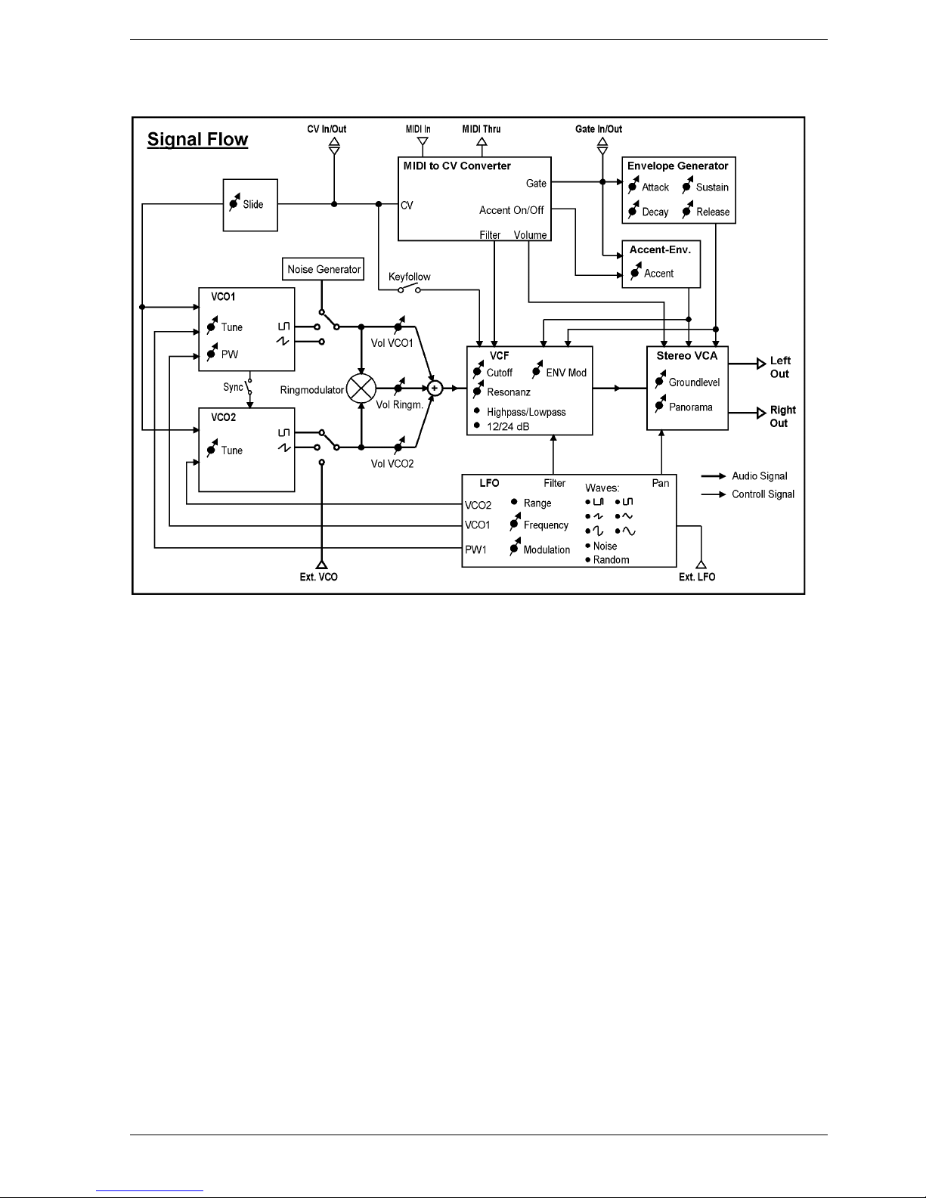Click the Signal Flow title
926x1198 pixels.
pyautogui.click(x=197, y=140)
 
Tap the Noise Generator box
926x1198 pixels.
pyautogui.click(x=323, y=269)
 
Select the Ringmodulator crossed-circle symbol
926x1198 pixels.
pyautogui.click(x=361, y=388)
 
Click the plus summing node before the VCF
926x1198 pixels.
pyautogui.click(x=435, y=388)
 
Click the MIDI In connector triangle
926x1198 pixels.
pyautogui.click(x=423, y=141)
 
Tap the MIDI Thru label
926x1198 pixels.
pyautogui.click(x=482, y=129)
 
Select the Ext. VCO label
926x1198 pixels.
pyautogui.click(x=318, y=577)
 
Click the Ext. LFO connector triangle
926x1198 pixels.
pyautogui.click(x=701, y=564)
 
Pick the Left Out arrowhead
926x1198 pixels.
pyautogui.click(x=761, y=364)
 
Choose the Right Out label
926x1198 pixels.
pyautogui.click(x=782, y=416)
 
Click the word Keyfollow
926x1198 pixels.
pyautogui.click(x=409, y=277)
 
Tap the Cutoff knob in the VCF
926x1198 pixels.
pyautogui.click(x=478, y=370)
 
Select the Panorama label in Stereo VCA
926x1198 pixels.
pyautogui.click(x=691, y=407)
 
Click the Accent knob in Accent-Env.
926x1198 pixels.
pyautogui.click(x=636, y=271)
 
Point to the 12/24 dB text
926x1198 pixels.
pyautogui.click(x=508, y=426)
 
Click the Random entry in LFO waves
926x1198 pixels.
pyautogui.click(x=612, y=559)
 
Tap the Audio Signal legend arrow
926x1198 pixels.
pyautogui.click(x=714, y=475)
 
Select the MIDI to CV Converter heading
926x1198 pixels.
pyautogui.click(x=457, y=166)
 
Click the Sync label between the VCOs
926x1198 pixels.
pyautogui.click(x=233, y=387)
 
